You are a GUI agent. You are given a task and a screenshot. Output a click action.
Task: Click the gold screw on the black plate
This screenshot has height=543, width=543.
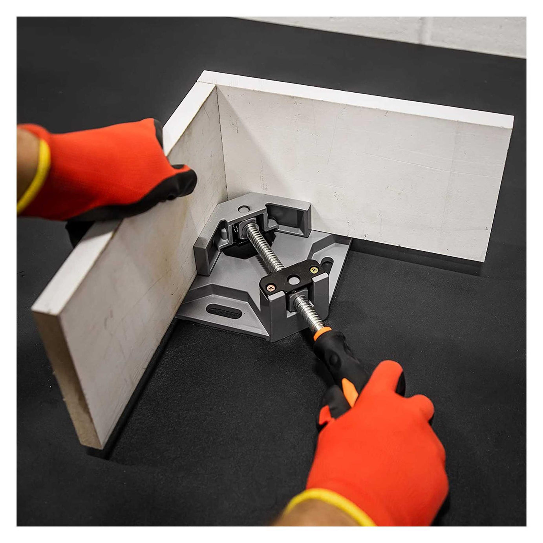[314, 270]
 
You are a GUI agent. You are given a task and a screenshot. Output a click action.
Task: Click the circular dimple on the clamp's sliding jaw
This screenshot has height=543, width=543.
[245, 208]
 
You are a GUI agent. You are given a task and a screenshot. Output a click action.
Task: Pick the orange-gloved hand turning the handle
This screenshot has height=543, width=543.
[377, 440]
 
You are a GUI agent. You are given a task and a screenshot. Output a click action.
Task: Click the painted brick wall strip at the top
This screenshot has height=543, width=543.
[393, 31]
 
